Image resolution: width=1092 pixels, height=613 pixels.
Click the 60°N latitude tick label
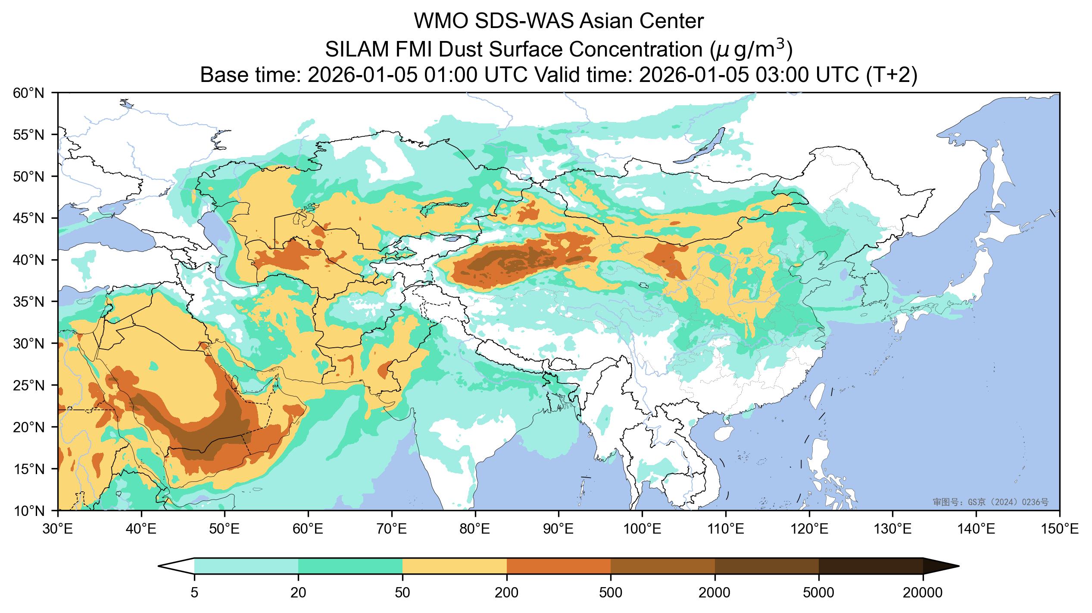(29, 93)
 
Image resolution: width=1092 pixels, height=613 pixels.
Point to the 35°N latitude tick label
(29, 302)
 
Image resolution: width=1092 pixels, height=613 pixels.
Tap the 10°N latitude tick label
(29, 510)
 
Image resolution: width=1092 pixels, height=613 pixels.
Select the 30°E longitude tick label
(58, 529)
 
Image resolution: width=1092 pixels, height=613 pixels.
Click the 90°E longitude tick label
(559, 529)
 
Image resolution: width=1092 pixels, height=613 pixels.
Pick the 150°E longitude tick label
(1060, 529)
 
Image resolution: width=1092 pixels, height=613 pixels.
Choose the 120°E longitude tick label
(809, 529)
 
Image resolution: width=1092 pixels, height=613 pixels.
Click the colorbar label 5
(194, 593)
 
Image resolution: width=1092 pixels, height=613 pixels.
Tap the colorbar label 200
(507, 593)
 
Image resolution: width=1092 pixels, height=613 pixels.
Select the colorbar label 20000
(923, 593)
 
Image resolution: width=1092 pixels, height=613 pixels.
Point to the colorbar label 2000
(715, 593)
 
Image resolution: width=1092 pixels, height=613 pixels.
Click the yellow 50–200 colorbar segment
(455, 566)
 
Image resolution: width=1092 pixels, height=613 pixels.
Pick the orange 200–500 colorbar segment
(559, 566)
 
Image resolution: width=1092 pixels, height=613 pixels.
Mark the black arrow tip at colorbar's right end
(959, 566)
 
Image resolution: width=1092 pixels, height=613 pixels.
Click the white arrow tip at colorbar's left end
(159, 566)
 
